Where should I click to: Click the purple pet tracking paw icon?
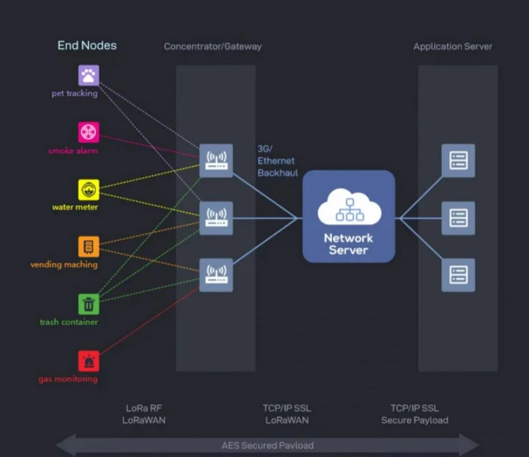(x=89, y=75)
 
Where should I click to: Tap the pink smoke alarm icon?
(x=89, y=132)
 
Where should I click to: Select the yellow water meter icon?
(x=89, y=190)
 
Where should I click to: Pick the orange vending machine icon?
(x=89, y=247)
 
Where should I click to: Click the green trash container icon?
(x=89, y=304)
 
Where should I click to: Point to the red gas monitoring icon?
(x=89, y=361)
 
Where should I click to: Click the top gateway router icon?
(x=216, y=161)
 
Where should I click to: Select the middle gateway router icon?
(x=216, y=218)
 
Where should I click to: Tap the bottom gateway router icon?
(x=216, y=275)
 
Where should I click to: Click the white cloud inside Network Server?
(x=349, y=207)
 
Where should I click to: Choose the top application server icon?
(x=458, y=161)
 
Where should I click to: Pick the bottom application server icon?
(x=458, y=275)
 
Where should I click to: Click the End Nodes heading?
(x=87, y=45)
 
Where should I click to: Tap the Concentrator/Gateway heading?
(x=213, y=46)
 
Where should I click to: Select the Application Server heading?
(x=453, y=46)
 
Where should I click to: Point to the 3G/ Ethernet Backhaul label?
(x=278, y=161)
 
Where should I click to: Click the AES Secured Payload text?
(x=268, y=445)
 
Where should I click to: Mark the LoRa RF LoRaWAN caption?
(x=144, y=414)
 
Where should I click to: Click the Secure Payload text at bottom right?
(x=415, y=420)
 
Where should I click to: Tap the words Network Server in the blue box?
(x=348, y=244)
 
